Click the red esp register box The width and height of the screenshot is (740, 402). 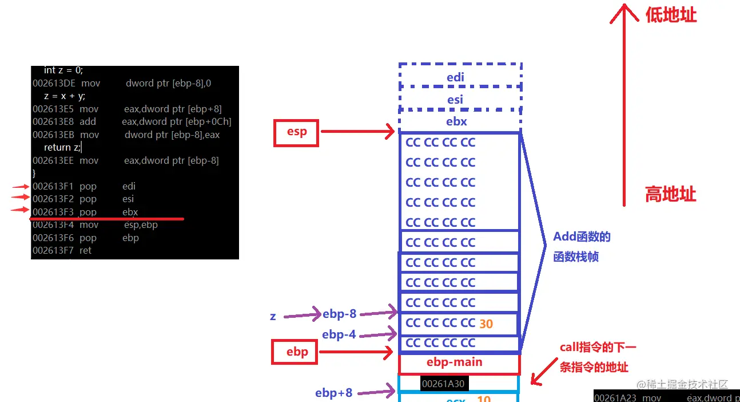point(296,132)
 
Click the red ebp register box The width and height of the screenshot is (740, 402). point(297,352)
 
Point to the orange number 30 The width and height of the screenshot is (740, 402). point(486,324)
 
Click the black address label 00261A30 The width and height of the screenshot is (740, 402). point(443,384)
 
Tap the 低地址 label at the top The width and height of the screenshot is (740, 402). point(671,15)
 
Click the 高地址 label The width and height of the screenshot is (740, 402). point(671,195)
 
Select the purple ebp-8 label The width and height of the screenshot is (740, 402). point(339,314)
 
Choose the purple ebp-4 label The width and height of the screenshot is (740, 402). point(339,334)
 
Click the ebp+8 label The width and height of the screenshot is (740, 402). point(333,393)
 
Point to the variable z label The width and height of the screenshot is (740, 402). point(273,316)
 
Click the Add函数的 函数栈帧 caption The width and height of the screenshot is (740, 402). point(582,247)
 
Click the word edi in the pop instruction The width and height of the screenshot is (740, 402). point(129,186)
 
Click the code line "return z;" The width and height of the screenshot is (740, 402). point(62,148)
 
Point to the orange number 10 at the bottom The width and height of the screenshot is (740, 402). point(484,398)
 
